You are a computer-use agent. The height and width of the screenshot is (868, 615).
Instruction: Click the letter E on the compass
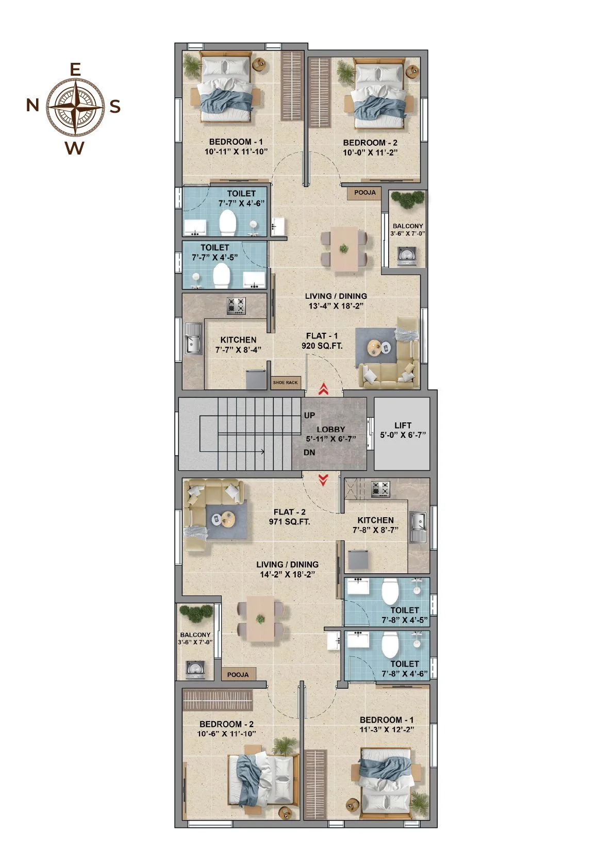[x=75, y=70]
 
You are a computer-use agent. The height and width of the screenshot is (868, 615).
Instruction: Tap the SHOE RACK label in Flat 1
[x=285, y=382]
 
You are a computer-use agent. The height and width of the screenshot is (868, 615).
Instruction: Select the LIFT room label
[x=403, y=425]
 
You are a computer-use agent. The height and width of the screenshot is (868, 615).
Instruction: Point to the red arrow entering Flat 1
[x=323, y=389]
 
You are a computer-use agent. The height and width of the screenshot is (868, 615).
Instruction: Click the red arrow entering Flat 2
[x=323, y=480]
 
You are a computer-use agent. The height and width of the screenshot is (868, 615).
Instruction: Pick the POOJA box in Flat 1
[x=364, y=192]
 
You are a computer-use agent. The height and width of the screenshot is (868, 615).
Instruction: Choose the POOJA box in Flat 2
[x=238, y=675]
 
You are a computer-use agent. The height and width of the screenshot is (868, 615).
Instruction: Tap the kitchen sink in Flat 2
[x=418, y=527]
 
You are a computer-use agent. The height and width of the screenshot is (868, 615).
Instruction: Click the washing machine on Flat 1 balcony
[x=406, y=257]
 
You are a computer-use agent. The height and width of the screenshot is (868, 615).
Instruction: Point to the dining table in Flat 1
[x=344, y=249]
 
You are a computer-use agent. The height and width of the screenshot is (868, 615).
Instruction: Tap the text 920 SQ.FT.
[x=322, y=346]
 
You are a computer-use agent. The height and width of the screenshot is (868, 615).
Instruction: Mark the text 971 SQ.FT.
[x=289, y=522]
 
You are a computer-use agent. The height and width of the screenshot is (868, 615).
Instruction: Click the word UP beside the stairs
[x=309, y=415]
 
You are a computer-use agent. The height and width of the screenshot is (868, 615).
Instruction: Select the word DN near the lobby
[x=309, y=452]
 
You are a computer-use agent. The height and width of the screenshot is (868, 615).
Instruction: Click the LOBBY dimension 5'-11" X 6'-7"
[x=331, y=439]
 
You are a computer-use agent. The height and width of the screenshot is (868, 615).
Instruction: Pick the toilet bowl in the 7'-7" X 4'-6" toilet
[x=228, y=223]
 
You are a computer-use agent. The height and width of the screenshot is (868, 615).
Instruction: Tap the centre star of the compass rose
[x=76, y=106]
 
